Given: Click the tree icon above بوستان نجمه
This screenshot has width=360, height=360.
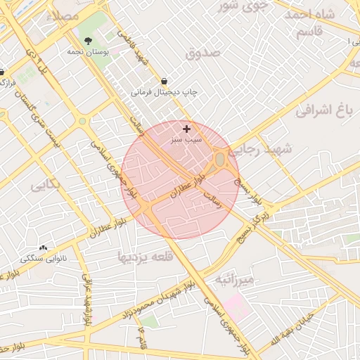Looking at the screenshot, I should pos(88,41).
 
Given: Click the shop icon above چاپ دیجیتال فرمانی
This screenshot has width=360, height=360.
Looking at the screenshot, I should pos(165,81).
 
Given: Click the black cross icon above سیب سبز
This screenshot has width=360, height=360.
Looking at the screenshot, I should pos(186,129).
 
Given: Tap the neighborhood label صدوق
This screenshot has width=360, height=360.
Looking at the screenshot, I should pos(204,53).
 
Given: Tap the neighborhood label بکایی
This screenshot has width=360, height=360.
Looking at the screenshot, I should pos(46,186).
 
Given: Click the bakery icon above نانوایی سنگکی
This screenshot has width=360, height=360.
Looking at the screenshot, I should pos(44,247).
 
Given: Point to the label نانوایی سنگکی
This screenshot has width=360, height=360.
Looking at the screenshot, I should pos(44,258).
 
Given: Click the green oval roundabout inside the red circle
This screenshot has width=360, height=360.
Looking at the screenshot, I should pos(220,160).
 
